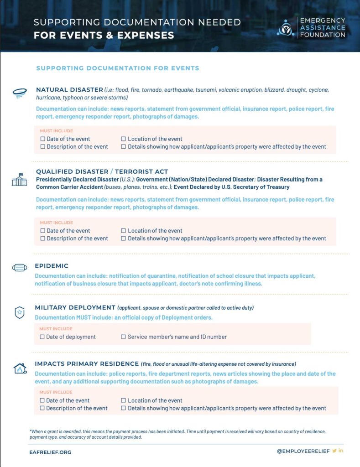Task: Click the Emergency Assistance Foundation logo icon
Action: point(286,28)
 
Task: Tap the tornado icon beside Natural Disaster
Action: point(19,93)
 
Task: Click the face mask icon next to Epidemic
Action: point(19,268)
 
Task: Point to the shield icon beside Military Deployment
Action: point(19,313)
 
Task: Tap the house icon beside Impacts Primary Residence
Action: point(20,368)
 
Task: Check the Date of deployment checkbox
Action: point(42,337)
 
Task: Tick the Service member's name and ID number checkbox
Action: point(123,337)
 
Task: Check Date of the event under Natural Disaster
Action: point(43,139)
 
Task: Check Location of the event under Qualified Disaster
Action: point(124,231)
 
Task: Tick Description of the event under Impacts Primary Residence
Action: point(42,408)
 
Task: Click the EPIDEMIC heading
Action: point(52,266)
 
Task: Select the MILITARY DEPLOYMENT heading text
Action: point(75,308)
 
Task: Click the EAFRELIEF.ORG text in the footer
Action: point(50,452)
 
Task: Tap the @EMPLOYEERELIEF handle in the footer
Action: point(303,451)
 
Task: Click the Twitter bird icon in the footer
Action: point(334,451)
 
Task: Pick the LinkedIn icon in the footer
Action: point(341,451)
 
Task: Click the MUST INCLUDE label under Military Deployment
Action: point(56,329)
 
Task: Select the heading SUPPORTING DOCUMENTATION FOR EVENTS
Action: point(118,68)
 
